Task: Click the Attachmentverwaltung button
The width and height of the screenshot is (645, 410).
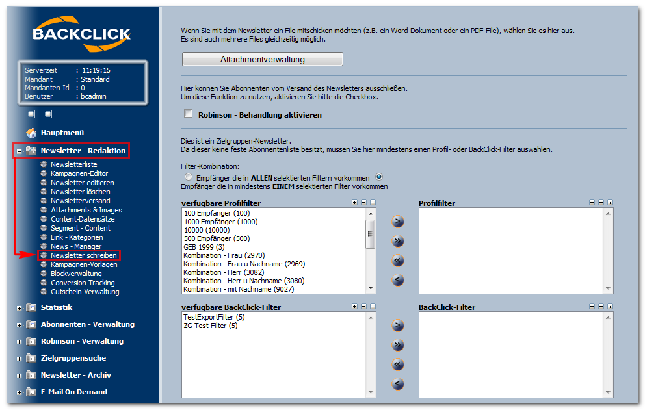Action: [263, 59]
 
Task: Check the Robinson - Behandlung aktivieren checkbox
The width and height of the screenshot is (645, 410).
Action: [189, 114]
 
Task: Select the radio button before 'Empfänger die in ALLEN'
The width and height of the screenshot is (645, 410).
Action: [189, 177]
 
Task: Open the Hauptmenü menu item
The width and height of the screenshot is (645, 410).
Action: [62, 133]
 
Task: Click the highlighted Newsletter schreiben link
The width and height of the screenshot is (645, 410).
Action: [83, 255]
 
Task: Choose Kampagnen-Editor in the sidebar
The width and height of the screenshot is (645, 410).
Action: [79, 173]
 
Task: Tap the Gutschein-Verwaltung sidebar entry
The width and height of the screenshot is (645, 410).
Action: [85, 292]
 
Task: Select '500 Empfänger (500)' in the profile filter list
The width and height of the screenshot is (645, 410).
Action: [217, 238]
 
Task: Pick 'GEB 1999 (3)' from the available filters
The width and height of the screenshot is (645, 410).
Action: [204, 247]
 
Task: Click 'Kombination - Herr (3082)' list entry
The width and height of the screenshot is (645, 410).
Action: [224, 272]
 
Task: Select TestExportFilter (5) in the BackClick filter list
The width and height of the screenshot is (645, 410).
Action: [214, 317]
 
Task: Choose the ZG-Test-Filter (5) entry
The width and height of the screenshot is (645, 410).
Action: [210, 326]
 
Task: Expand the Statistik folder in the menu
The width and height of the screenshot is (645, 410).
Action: [19, 308]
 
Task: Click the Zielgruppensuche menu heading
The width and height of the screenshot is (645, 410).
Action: [73, 358]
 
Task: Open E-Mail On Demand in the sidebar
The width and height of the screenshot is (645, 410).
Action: [74, 392]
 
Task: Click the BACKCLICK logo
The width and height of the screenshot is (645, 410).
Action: [81, 34]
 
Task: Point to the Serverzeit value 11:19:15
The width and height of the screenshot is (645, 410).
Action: [96, 70]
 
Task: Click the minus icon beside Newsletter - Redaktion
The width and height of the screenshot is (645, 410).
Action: [19, 151]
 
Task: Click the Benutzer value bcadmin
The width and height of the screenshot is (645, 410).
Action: [94, 96]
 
